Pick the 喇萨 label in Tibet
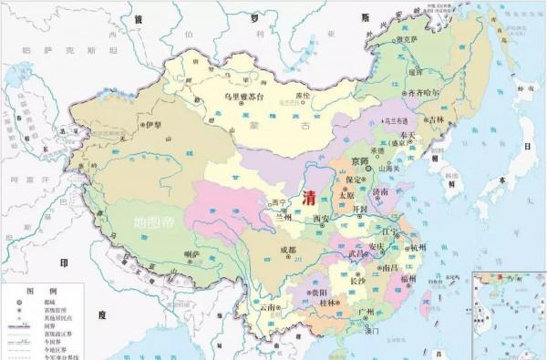point(191,254)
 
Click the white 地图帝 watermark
point(152,221)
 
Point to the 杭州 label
point(418,246)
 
